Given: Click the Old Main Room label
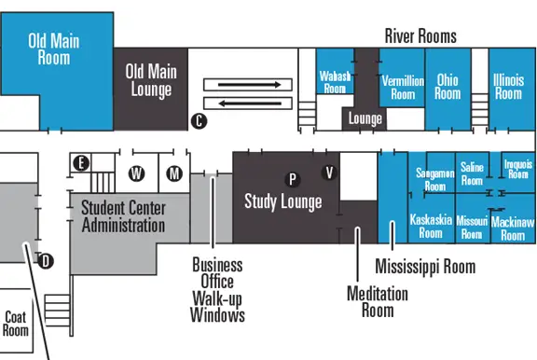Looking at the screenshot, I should (x=54, y=48).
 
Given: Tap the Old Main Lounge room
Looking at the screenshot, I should (x=149, y=81).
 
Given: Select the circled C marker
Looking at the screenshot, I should (x=198, y=120).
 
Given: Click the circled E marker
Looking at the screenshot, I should (x=82, y=163).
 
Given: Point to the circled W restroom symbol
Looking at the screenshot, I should (x=137, y=173).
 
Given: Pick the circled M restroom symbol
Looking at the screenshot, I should (x=173, y=173).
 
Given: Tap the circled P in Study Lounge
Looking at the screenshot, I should (x=292, y=177).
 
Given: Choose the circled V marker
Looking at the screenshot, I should (x=328, y=172).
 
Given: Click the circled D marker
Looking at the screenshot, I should (x=48, y=260).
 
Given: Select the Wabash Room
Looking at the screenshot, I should (x=335, y=79).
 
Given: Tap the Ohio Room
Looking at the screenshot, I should (x=447, y=87).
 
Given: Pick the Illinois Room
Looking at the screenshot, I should (x=508, y=87).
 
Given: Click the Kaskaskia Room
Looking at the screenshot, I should (x=431, y=227).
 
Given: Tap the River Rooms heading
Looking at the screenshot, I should (x=420, y=36).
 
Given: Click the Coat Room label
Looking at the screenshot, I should (x=16, y=323).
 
